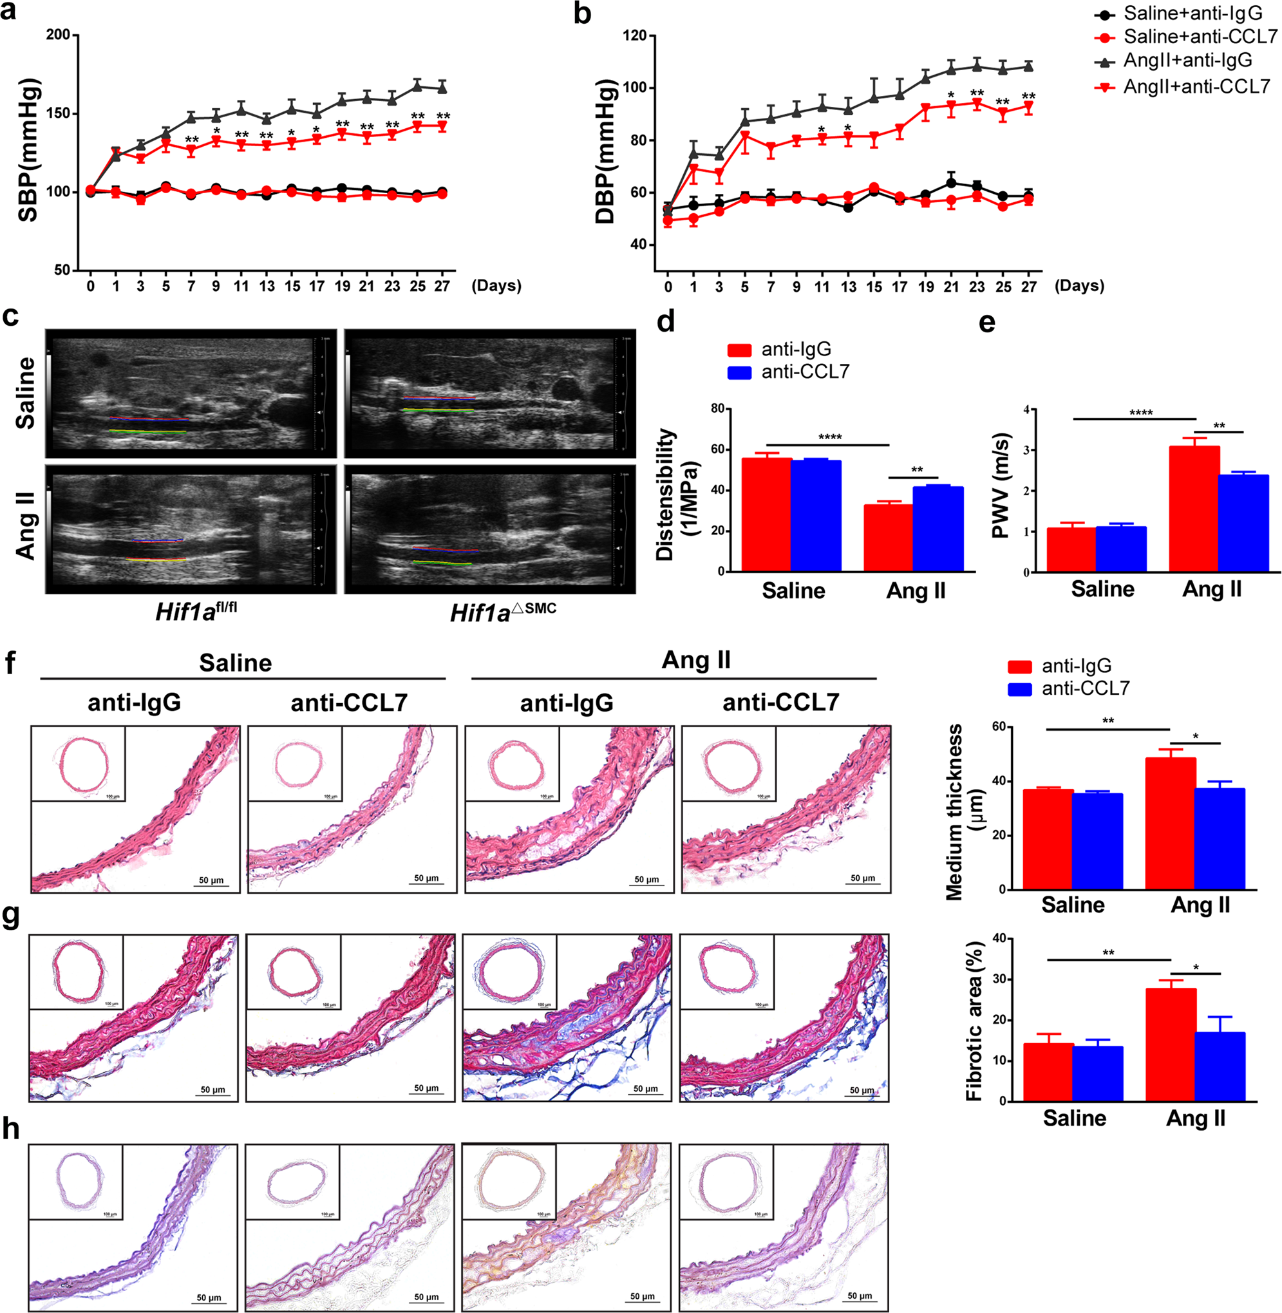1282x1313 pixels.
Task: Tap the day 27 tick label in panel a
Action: pos(442,286)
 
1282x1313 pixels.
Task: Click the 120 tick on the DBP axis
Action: pos(635,35)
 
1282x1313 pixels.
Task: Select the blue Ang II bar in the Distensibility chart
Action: pos(938,529)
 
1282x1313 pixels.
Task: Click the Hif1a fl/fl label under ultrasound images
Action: pos(195,610)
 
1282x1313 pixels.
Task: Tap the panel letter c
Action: pos(10,316)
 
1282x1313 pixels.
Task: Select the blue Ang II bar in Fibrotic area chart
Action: pos(1220,1066)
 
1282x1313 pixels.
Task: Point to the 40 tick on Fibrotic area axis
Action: pos(1000,938)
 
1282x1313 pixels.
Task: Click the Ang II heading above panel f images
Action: pos(695,660)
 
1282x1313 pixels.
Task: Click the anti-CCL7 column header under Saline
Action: pos(349,703)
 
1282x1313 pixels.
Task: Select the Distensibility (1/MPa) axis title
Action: pos(675,493)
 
